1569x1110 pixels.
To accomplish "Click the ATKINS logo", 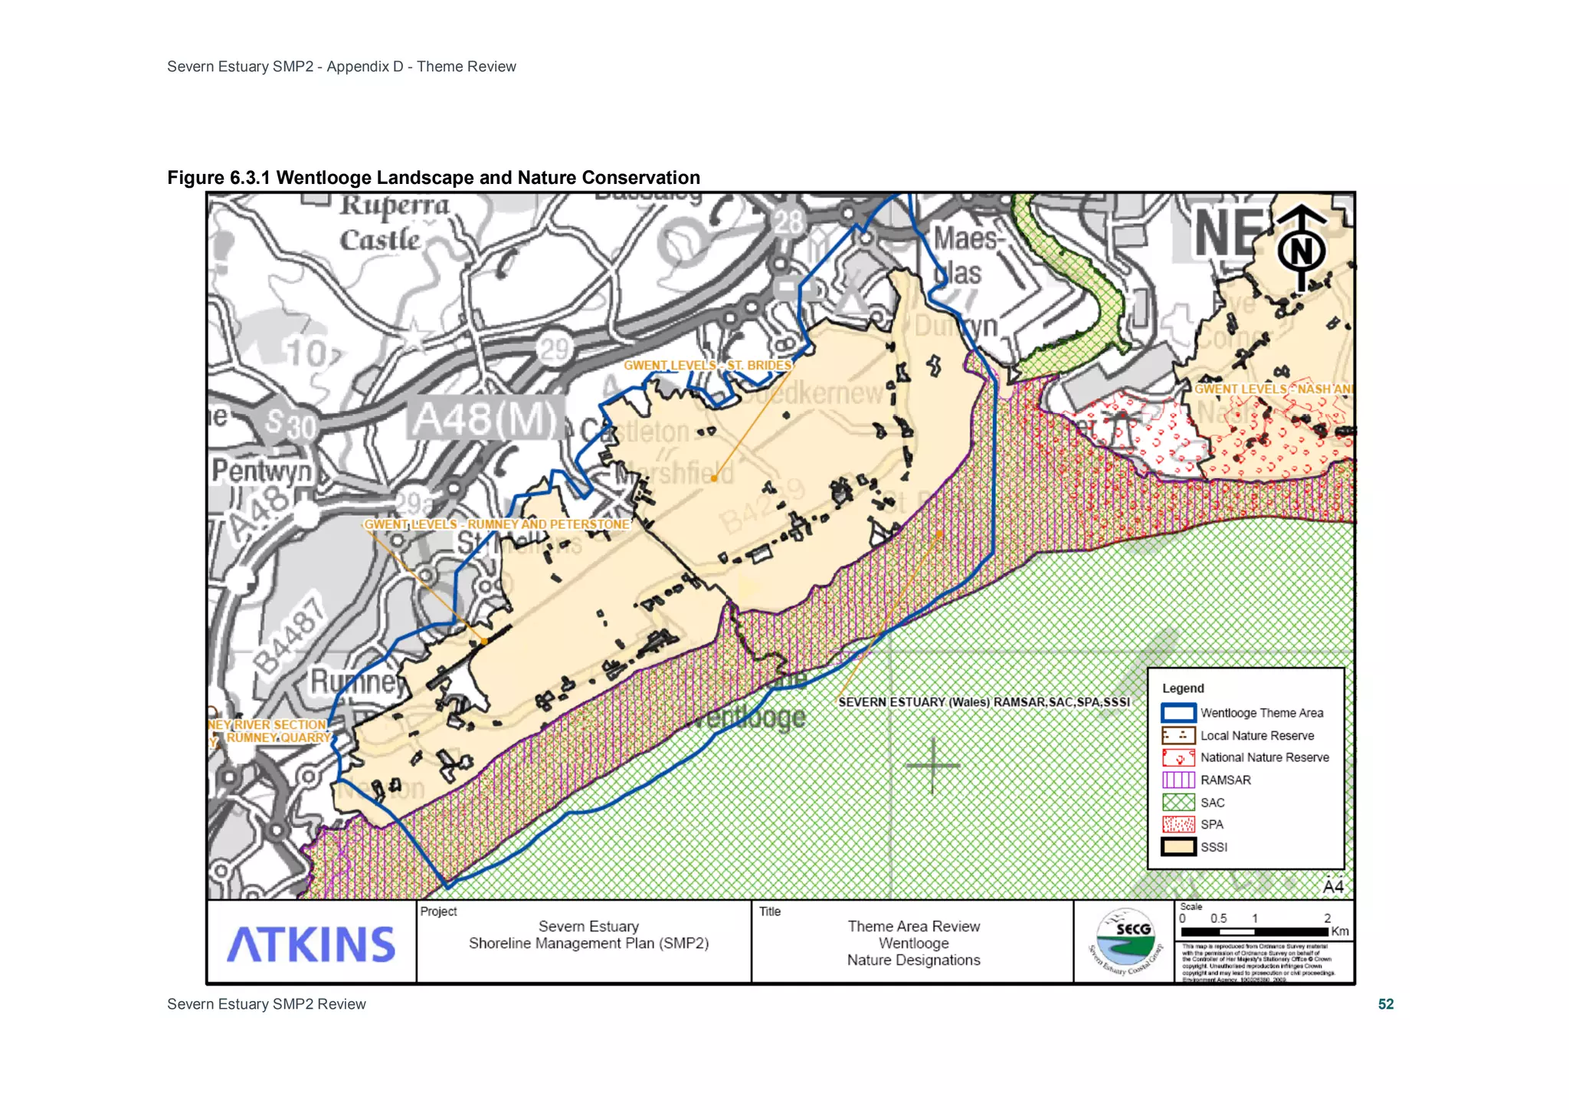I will tap(311, 944).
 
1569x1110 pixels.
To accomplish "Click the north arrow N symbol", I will tap(1301, 249).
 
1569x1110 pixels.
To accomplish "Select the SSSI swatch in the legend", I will tap(1178, 847).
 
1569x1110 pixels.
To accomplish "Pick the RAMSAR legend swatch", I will tap(1178, 780).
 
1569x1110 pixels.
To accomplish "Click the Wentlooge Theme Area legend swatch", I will tap(1178, 713).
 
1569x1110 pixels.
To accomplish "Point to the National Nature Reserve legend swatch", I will tap(1178, 757).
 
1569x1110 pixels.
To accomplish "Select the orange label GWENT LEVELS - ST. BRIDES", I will tap(707, 366).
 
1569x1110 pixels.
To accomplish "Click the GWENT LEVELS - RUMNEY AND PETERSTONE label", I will tap(496, 524).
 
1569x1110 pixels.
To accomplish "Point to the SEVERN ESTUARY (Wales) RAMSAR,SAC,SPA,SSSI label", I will tap(984, 702).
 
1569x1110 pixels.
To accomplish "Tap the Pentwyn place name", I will tap(262, 470).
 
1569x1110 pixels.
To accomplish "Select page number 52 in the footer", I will tap(1385, 1004).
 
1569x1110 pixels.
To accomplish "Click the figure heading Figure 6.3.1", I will tap(434, 178).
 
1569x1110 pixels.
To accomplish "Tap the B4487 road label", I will tap(290, 635).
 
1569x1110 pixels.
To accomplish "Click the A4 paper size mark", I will tap(1333, 886).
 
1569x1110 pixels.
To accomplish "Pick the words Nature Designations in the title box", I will tap(913, 961).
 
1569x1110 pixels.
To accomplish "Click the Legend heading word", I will tap(1183, 688).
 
